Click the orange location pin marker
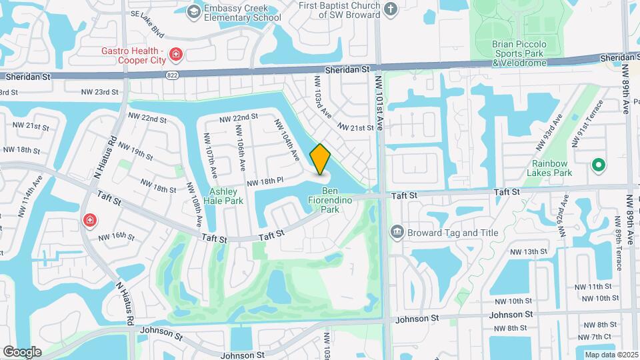(321, 159)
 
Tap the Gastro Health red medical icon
(175, 54)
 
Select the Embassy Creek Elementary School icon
(193, 11)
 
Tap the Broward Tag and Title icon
(397, 232)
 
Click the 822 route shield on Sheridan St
(173, 76)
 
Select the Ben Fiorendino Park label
(321, 204)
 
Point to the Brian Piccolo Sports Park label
(519, 53)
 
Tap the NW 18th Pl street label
(265, 181)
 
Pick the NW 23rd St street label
(99, 92)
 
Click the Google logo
(23, 351)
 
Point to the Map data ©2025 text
(610, 355)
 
